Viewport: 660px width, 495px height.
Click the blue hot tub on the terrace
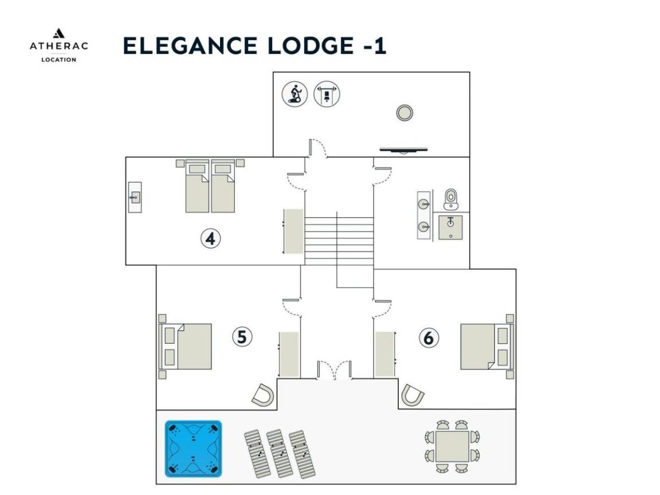pyautogui.click(x=193, y=449)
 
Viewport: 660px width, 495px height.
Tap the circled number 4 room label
pyautogui.click(x=210, y=239)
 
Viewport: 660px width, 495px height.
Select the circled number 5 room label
pyautogui.click(x=242, y=337)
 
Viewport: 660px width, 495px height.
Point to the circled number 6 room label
pyautogui.click(x=429, y=337)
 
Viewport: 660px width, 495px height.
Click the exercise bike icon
pyautogui.click(x=294, y=94)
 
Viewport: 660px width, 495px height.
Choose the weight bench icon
pyautogui.click(x=327, y=94)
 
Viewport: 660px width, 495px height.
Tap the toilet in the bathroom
pyautogui.click(x=451, y=199)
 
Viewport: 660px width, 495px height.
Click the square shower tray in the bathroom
pyautogui.click(x=451, y=227)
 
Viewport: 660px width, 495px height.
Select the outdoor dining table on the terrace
pyautogui.click(x=452, y=446)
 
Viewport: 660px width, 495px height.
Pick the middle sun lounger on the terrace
pyautogui.click(x=280, y=454)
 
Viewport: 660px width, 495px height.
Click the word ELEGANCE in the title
pyautogui.click(x=190, y=46)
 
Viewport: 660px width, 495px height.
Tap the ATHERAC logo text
pyautogui.click(x=59, y=46)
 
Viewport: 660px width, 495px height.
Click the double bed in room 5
pyautogui.click(x=185, y=347)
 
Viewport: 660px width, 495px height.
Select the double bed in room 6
pyautogui.click(x=487, y=347)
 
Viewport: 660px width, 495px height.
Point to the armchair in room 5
pyautogui.click(x=264, y=395)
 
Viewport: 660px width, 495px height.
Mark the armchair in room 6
pyautogui.click(x=412, y=395)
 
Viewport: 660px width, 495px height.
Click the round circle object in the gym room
pyautogui.click(x=404, y=113)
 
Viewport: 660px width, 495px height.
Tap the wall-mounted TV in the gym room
pyautogui.click(x=404, y=150)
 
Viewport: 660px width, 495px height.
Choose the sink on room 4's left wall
pyautogui.click(x=135, y=197)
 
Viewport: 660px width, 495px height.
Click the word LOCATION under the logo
pyautogui.click(x=59, y=60)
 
